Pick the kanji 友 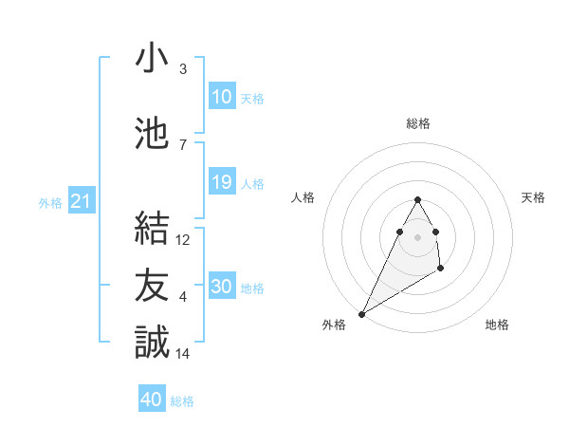pos(152,284)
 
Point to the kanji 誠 pos(152,341)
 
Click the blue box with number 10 pos(222,97)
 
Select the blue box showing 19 pos(222,182)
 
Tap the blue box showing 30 pos(222,287)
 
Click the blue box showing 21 pos(81,201)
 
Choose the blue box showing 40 pos(152,400)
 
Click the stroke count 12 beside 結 pos(184,240)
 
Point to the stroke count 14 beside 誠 pos(184,354)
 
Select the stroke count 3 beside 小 pos(183,69)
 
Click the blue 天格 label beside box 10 pos(252,98)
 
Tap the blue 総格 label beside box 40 pos(182,401)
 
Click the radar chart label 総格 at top pos(418,123)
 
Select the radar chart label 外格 pos(333,325)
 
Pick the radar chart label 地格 pos(497,325)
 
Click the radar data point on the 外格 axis pos(361,313)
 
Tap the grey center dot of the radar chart pos(417,236)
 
